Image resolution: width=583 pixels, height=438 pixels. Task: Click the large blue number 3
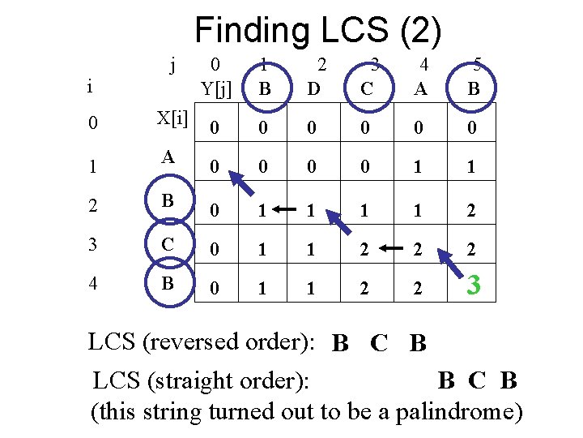(x=475, y=285)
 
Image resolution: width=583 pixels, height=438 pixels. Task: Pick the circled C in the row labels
(x=168, y=243)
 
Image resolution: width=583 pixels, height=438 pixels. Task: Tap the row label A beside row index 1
(x=168, y=157)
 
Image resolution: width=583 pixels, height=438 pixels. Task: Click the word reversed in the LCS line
(x=189, y=342)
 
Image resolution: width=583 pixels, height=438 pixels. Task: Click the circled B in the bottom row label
(x=168, y=284)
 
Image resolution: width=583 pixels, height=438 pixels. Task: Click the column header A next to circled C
(x=420, y=88)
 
